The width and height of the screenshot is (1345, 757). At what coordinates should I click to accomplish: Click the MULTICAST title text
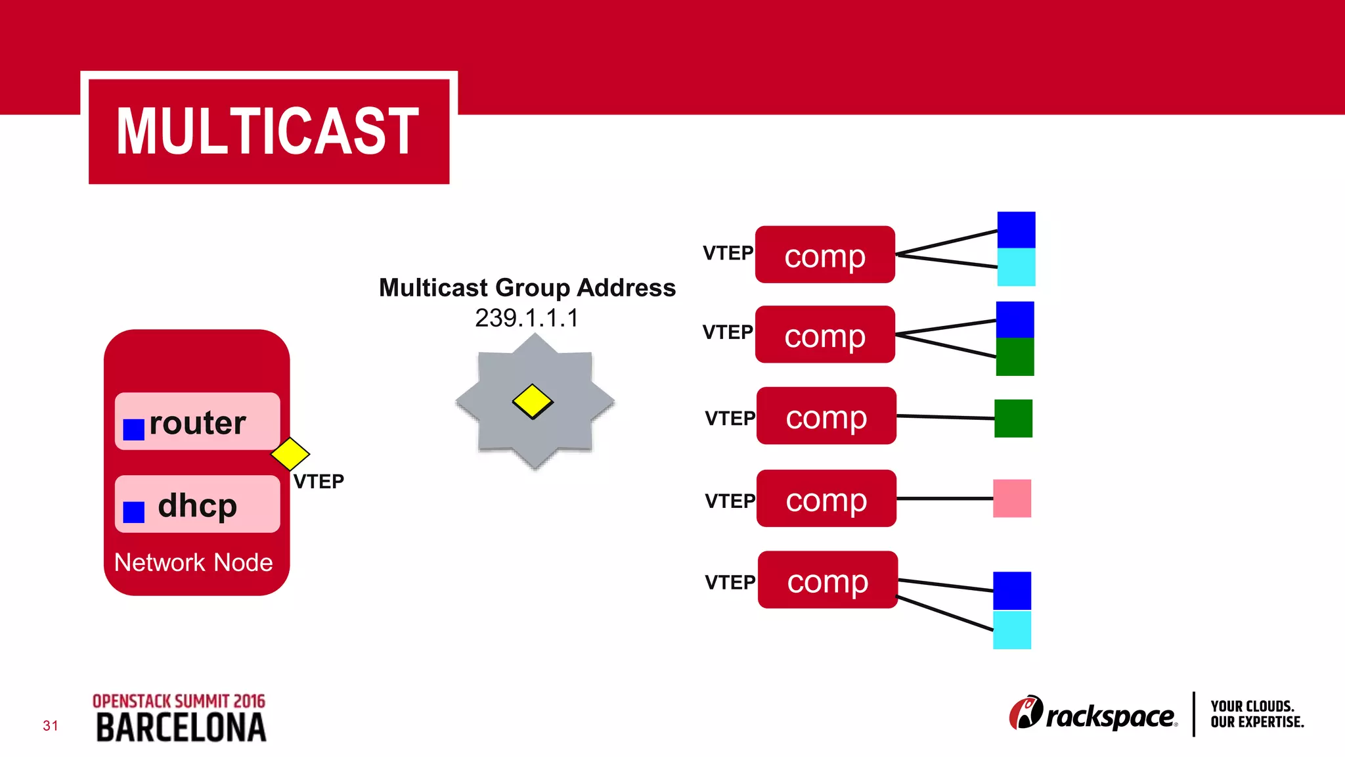tap(268, 131)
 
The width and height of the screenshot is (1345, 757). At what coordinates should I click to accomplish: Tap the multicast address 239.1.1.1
tap(527, 318)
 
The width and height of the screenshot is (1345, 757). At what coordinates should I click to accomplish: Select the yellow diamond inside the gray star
tap(533, 401)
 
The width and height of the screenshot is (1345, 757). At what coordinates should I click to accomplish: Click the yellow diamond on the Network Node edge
tap(290, 453)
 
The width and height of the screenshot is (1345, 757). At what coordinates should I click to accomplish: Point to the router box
tap(197, 422)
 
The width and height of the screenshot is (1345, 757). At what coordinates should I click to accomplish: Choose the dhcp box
tap(197, 505)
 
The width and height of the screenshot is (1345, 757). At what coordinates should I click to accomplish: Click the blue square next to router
tap(134, 430)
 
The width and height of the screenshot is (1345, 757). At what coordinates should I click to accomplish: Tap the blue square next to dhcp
tap(134, 512)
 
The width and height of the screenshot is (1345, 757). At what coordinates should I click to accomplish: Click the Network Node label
tap(193, 562)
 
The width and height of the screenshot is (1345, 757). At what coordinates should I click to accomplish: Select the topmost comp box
tap(825, 255)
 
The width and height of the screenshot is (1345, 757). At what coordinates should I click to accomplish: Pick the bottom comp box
tap(827, 580)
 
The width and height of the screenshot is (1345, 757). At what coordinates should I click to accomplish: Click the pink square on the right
tap(1012, 499)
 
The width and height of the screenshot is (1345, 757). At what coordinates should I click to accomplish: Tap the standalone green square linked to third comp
tap(1013, 419)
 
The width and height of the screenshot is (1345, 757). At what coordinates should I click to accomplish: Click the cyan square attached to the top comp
tap(1016, 267)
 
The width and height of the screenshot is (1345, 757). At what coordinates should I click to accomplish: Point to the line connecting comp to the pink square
tap(944, 499)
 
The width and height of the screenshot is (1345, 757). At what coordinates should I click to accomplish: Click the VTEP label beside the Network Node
tap(319, 482)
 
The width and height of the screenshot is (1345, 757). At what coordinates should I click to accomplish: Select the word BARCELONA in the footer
tap(181, 728)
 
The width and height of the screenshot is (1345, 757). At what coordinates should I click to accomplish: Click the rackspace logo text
tap(1110, 716)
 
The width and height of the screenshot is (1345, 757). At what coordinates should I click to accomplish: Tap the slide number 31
tap(51, 725)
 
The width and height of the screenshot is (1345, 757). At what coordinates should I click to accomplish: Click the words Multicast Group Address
tap(527, 288)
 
